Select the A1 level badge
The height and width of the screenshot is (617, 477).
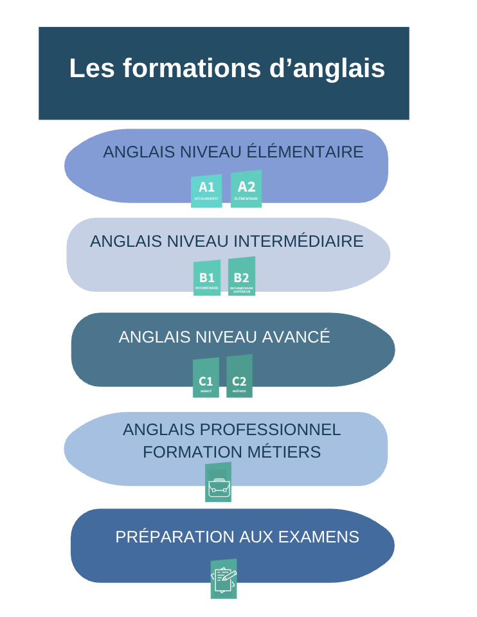[206, 190]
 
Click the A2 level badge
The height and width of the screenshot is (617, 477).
[246, 189]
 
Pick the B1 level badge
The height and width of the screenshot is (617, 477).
[207, 278]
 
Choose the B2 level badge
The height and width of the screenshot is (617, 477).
[242, 277]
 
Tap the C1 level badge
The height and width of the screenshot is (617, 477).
[206, 378]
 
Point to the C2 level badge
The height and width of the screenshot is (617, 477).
[239, 377]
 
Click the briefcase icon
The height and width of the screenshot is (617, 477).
[218, 483]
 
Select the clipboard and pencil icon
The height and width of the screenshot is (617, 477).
[224, 579]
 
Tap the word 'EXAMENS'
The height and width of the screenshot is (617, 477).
[323, 537]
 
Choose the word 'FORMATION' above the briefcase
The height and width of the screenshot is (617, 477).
[191, 452]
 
